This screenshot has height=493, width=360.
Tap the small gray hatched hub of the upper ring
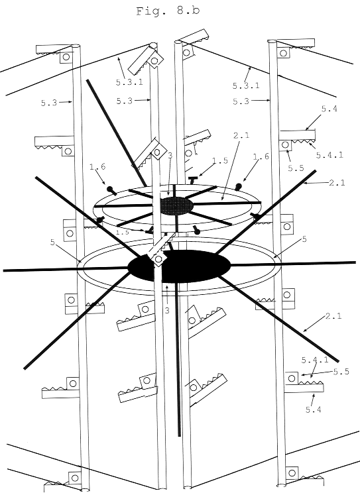tap(176, 205)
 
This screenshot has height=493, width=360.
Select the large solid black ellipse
tap(179, 267)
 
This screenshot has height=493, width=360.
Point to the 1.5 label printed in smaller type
tap(122, 232)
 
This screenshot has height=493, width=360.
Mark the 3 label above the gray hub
tap(170, 155)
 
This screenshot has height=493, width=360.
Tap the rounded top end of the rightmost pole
tap(272, 42)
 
